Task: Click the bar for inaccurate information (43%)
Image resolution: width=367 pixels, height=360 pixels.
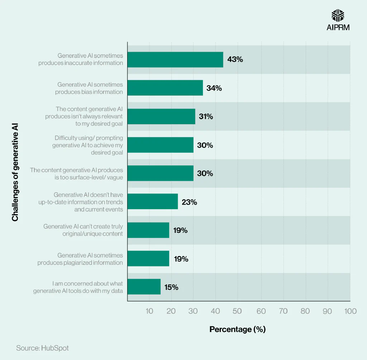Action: [x=175, y=59]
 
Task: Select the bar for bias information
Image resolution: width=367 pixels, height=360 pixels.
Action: [x=165, y=88]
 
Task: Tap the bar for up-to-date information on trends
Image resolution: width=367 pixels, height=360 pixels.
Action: [x=153, y=202]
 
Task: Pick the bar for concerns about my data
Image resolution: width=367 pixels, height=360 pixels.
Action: [x=144, y=287]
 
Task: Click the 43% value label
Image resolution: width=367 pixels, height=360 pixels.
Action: [x=235, y=59]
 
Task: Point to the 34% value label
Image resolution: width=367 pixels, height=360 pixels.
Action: [x=214, y=88]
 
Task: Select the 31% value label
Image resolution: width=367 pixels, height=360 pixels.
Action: [x=206, y=116]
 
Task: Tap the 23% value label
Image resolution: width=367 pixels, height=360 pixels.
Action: [x=189, y=202]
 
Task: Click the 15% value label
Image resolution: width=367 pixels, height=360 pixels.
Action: [x=171, y=287]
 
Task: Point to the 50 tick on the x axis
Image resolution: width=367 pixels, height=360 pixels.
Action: [x=237, y=311]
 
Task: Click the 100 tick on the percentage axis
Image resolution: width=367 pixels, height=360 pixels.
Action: [x=350, y=311]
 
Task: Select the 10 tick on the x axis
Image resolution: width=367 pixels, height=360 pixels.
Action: [x=149, y=311]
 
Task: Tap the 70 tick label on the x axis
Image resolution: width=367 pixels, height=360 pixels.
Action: [x=283, y=311]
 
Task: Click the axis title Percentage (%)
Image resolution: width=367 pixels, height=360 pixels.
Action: [x=237, y=329]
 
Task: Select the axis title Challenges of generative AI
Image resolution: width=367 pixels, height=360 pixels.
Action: [x=15, y=172]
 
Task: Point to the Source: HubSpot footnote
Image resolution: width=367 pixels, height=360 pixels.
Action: [x=42, y=348]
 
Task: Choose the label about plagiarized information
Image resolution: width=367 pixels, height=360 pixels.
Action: [x=80, y=259]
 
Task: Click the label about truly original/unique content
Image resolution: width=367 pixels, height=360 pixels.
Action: [x=83, y=230]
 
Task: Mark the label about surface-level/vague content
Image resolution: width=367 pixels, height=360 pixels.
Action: [x=77, y=173]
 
